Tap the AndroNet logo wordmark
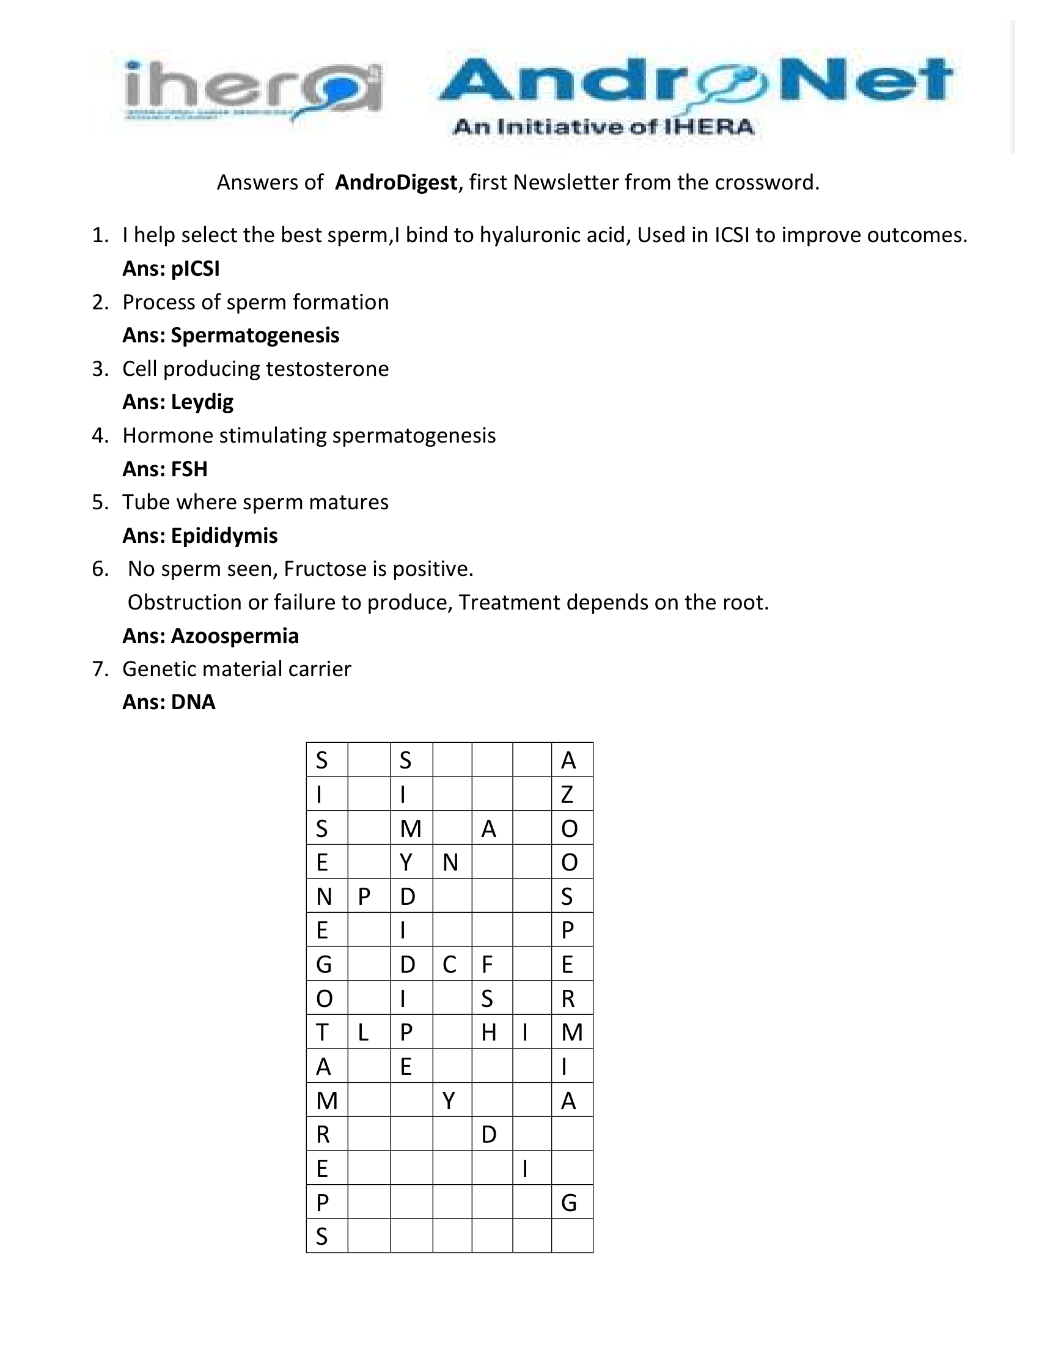coord(696,80)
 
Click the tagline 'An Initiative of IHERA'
coord(603,127)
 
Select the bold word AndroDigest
coord(396,182)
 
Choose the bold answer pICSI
coord(195,268)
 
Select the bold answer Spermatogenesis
coord(255,335)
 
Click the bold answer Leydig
coord(202,402)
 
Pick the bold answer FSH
coord(189,469)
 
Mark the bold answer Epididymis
coord(224,535)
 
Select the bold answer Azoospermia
coord(235,636)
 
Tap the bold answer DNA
coord(193,702)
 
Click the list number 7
coord(100,669)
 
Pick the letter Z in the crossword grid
coord(568,794)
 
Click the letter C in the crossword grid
coord(449,964)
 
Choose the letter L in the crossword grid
coord(363,1032)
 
